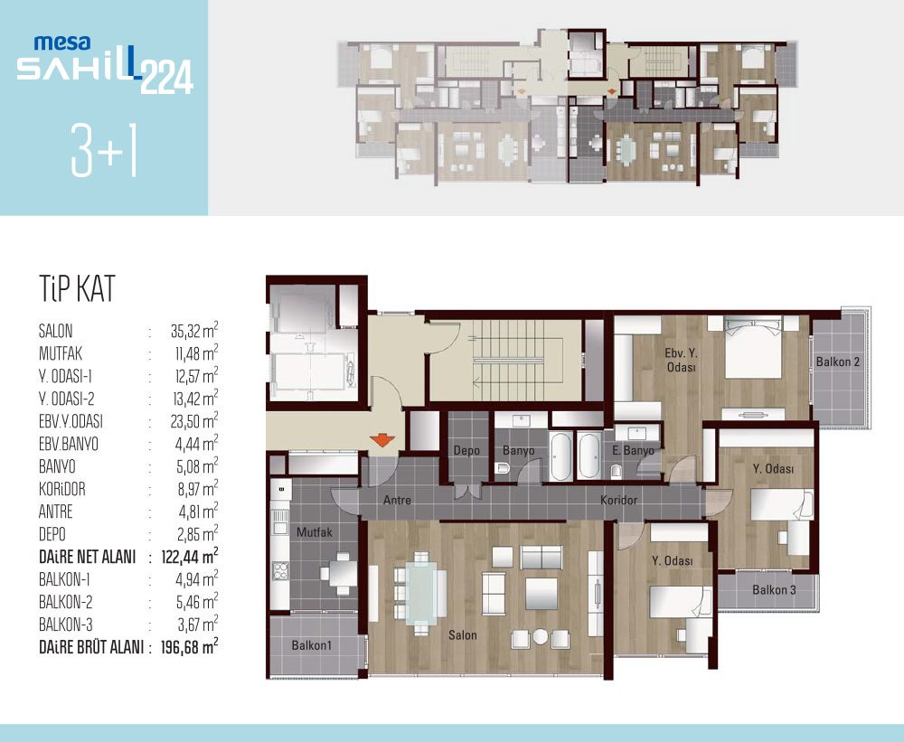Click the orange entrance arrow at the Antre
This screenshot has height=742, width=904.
point(382,440)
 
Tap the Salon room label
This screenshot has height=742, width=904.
point(462,635)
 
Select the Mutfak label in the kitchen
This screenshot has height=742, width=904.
point(315,532)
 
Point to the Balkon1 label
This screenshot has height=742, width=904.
point(311,645)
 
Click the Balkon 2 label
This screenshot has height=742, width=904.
point(838,362)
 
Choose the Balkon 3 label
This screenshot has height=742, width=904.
point(774,590)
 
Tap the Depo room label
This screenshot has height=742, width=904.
point(466,450)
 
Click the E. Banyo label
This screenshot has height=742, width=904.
point(633,450)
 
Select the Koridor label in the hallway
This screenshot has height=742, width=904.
point(618,500)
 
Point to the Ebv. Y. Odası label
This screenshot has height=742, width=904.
point(681,360)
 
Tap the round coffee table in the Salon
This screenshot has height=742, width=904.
point(541,636)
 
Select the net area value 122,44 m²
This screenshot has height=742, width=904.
point(190,557)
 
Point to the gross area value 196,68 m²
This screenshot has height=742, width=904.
point(190,647)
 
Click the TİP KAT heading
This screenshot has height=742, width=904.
point(77,288)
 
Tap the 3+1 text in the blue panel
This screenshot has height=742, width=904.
point(104,150)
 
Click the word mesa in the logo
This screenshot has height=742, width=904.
point(62,42)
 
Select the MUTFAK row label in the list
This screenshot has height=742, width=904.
point(60,353)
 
